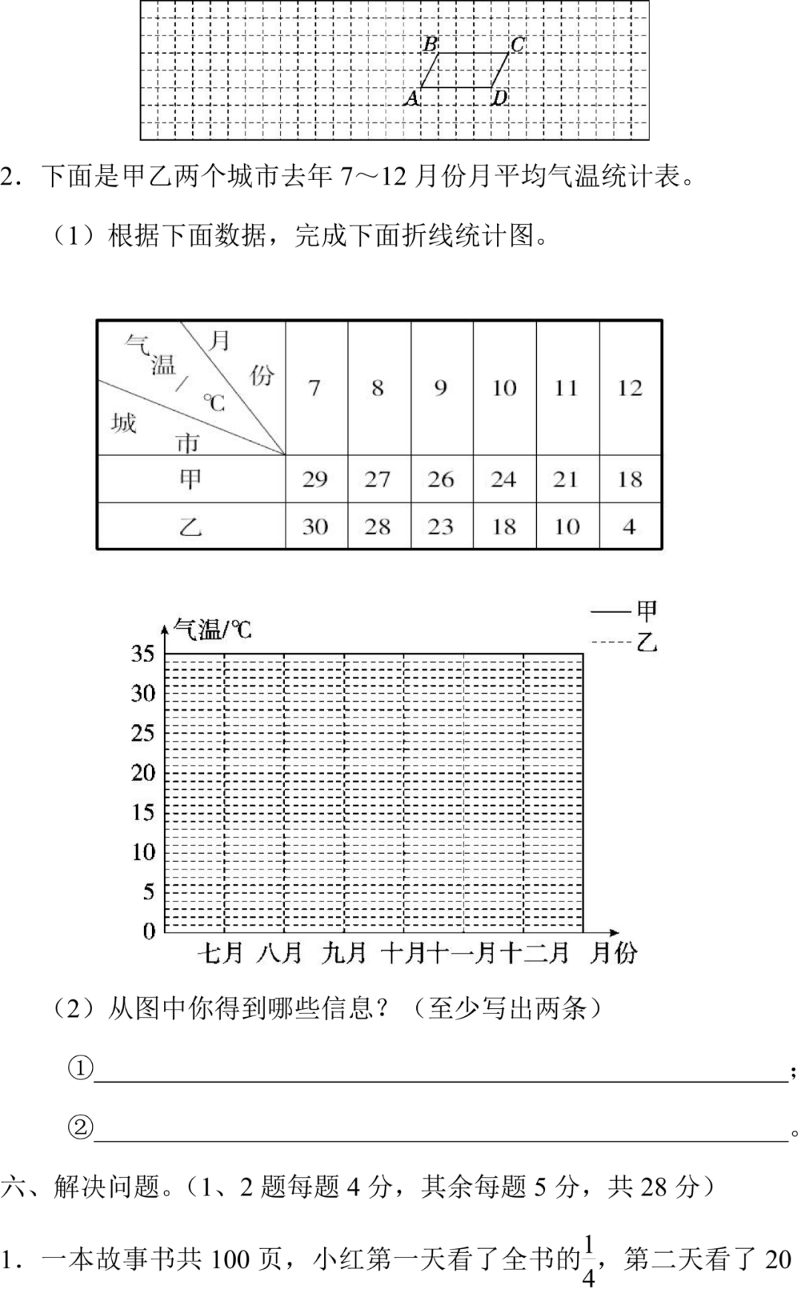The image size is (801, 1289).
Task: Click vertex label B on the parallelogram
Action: tap(430, 45)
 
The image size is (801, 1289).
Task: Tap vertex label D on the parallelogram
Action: tap(500, 97)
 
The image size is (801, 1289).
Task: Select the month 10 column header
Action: tap(504, 388)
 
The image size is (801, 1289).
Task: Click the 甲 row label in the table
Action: tap(191, 479)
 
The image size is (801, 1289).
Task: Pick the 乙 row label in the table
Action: tap(191, 526)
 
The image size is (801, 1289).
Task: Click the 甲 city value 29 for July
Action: tap(315, 479)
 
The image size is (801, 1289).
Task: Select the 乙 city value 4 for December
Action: tap(629, 526)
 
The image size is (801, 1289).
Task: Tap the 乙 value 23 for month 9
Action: tap(441, 526)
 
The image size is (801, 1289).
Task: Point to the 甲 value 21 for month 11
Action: tap(566, 479)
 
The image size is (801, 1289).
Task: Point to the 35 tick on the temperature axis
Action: tap(142, 654)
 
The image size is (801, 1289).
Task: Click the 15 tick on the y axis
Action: tap(142, 812)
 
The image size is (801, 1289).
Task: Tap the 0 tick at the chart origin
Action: tap(149, 931)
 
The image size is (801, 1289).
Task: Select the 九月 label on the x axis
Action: tap(344, 953)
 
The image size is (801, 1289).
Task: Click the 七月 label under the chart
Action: tap(220, 953)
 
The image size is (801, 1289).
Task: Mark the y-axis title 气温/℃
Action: tap(212, 630)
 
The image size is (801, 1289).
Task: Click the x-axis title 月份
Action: tap(613, 953)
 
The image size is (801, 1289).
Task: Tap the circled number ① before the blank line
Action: tap(80, 1068)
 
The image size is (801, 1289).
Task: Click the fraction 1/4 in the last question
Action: tap(589, 1259)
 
